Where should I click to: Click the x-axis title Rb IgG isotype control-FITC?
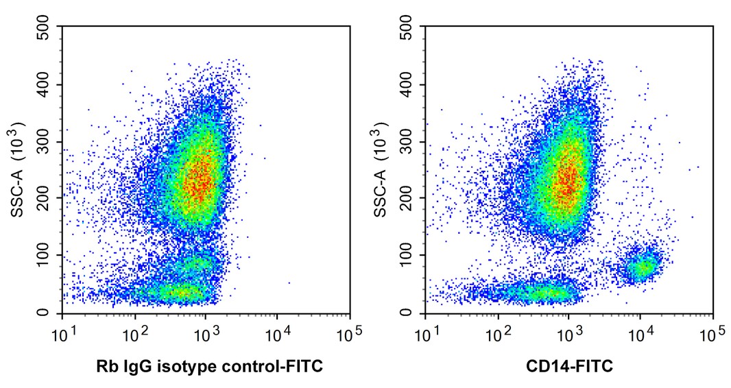[x=209, y=367]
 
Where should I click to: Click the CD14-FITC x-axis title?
[x=569, y=367]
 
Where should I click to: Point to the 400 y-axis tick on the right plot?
[x=409, y=85]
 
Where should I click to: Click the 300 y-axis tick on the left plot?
[x=47, y=142]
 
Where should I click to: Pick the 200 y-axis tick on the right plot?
[x=409, y=199]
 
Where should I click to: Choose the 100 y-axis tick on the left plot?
[x=47, y=256]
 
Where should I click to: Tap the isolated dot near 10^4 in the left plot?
[x=289, y=282]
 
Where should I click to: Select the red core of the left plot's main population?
[x=199, y=175]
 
